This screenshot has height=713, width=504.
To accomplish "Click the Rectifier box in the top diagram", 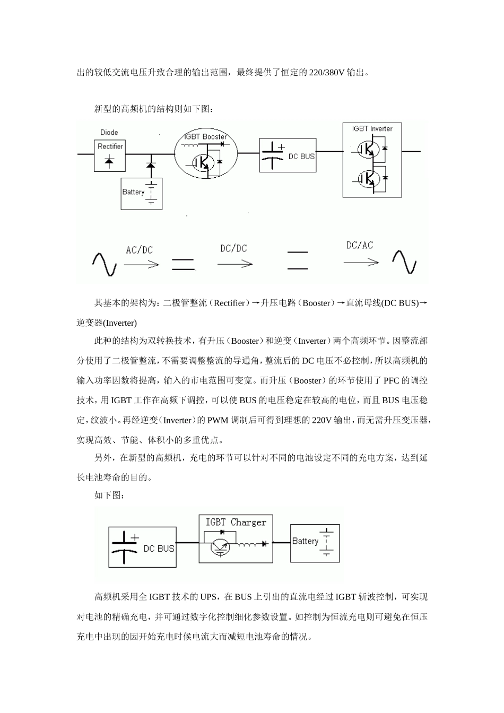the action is pyautogui.click(x=110, y=155).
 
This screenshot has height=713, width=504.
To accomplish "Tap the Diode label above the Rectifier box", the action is pyautogui.click(x=109, y=132).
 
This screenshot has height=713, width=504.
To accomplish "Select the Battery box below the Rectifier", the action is pyautogui.click(x=141, y=193).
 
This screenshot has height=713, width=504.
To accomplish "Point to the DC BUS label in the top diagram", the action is pyautogui.click(x=301, y=156).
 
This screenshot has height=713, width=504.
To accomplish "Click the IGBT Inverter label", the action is pyautogui.click(x=372, y=129).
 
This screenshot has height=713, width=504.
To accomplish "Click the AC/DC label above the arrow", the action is pyautogui.click(x=139, y=250).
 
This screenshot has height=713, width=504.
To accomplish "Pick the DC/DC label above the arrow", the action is pyautogui.click(x=233, y=248).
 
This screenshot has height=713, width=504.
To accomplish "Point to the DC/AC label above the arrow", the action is pyautogui.click(x=360, y=245).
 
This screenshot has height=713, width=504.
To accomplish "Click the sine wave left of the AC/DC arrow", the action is pyautogui.click(x=104, y=264).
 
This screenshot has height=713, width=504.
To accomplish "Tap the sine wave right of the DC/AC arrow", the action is pyautogui.click(x=404, y=262).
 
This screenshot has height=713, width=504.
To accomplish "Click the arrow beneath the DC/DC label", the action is pyautogui.click(x=234, y=264).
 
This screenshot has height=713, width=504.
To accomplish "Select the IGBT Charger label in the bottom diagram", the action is pyautogui.click(x=236, y=523).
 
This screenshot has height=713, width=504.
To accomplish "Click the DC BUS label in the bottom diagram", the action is pyautogui.click(x=159, y=549).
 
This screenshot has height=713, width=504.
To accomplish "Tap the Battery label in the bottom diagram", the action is pyautogui.click(x=305, y=541).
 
